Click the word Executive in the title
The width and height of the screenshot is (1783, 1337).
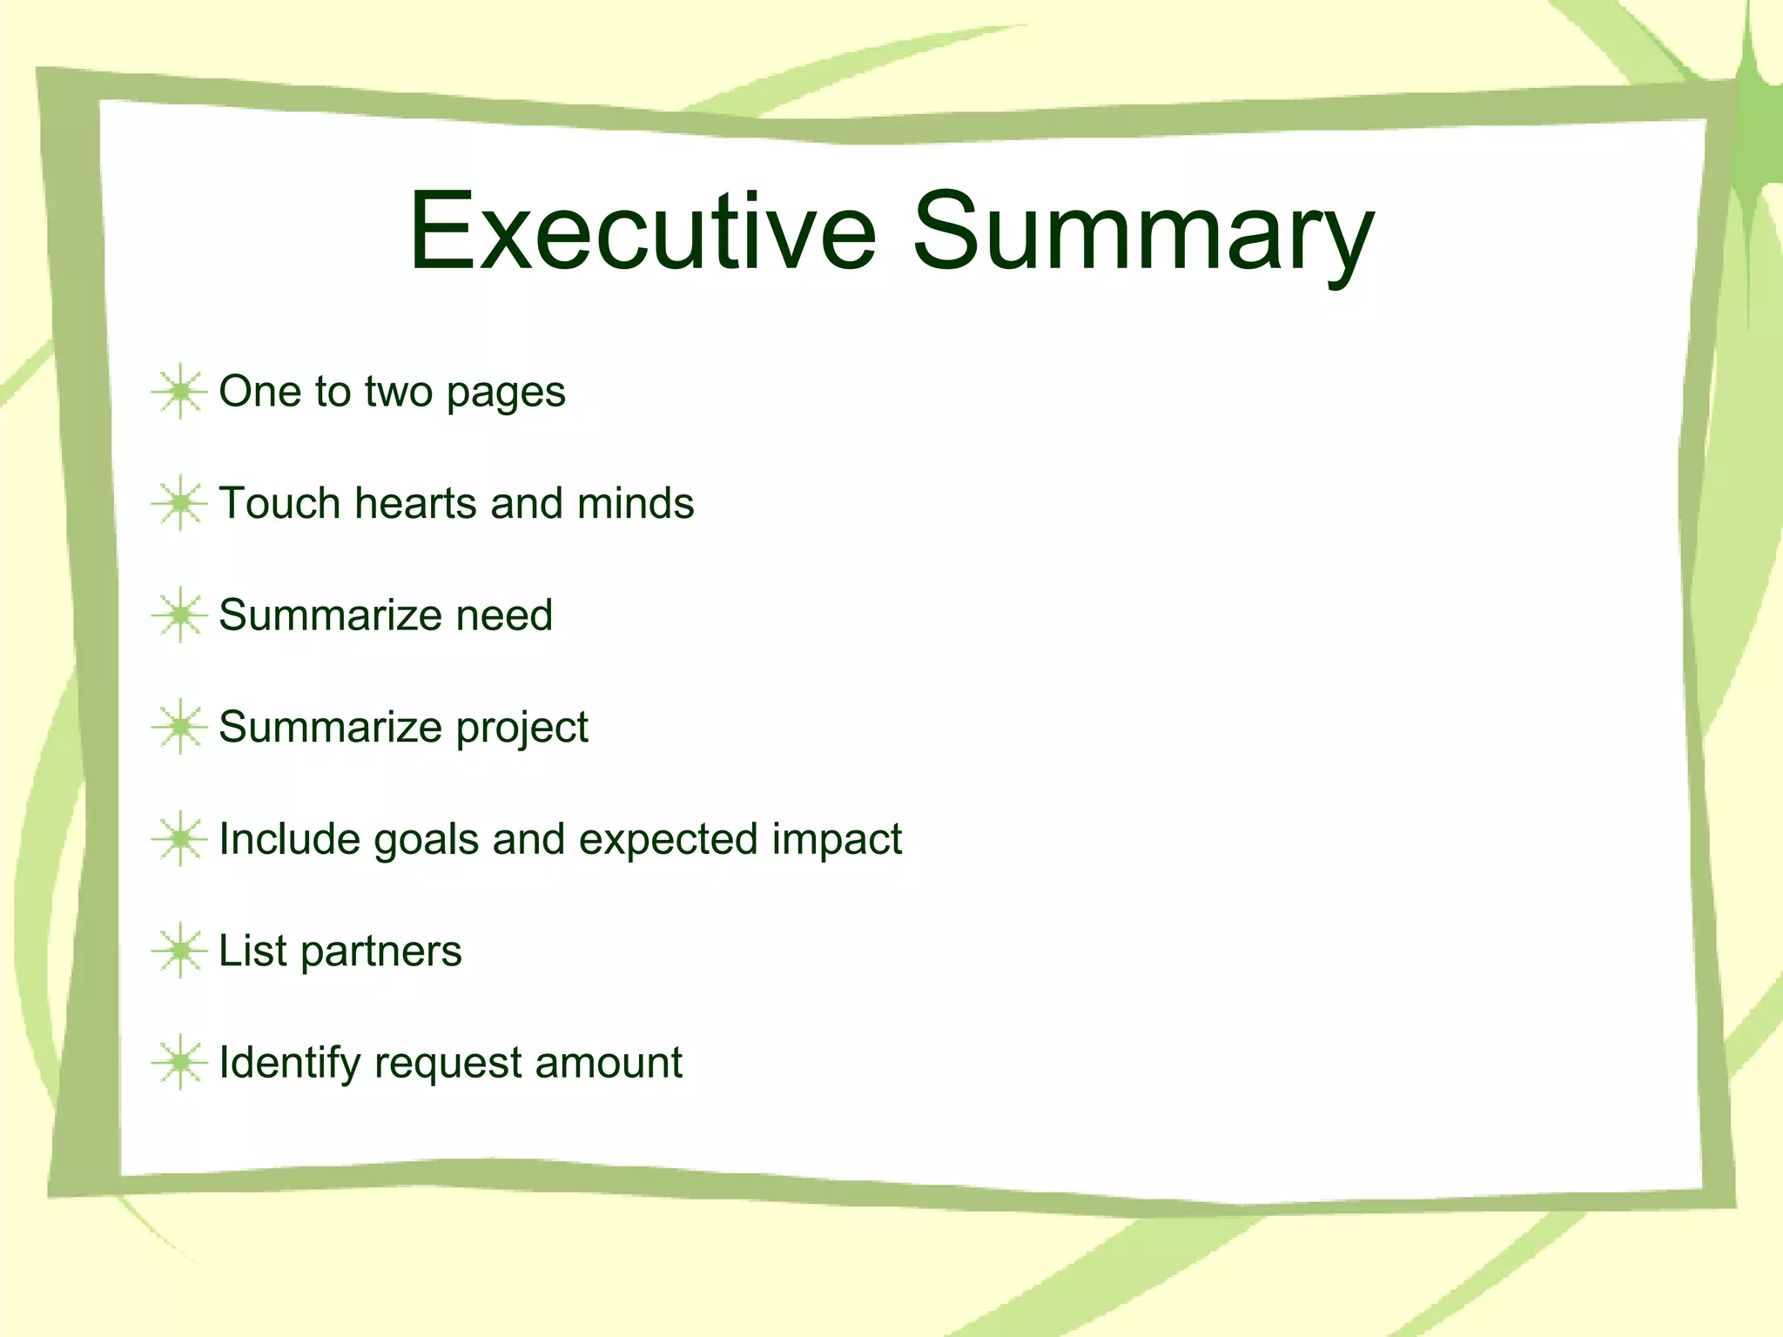pos(643,232)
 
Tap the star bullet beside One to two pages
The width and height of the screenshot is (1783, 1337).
pos(180,392)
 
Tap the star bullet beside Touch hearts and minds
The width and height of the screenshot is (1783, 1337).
pos(180,503)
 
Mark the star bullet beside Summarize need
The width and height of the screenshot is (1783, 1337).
pos(180,615)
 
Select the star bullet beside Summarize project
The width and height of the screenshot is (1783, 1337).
pos(180,727)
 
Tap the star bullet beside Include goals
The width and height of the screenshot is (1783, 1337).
pos(180,839)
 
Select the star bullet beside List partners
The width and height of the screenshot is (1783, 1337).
pos(180,951)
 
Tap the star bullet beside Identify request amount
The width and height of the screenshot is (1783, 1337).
pos(180,1063)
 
